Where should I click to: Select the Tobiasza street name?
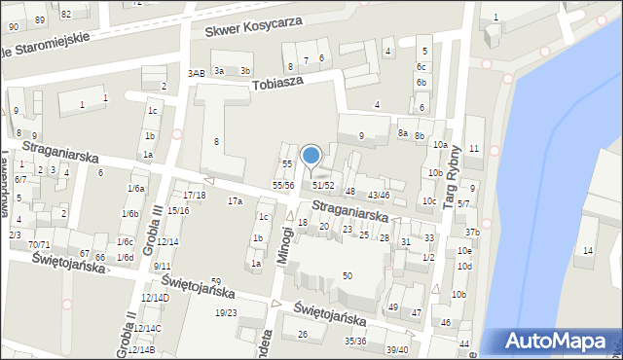(278, 83)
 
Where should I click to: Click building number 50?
(347, 276)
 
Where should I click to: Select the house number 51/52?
(323, 185)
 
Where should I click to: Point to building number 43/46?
(379, 196)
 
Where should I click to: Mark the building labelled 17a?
(235, 201)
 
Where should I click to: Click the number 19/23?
(226, 312)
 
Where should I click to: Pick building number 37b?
(471, 232)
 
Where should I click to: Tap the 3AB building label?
(197, 73)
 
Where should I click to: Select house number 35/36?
(355, 341)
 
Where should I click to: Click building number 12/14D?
(155, 298)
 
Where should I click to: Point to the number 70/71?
(39, 244)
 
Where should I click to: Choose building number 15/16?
(178, 210)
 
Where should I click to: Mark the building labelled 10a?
(440, 145)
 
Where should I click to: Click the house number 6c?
(421, 66)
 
